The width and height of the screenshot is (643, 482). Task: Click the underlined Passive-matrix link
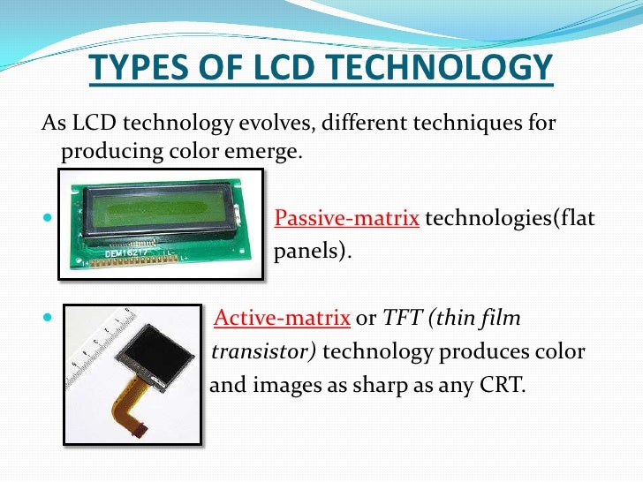346,218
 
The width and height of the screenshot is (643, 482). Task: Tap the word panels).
313,251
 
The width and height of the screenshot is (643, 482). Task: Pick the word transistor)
263,351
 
